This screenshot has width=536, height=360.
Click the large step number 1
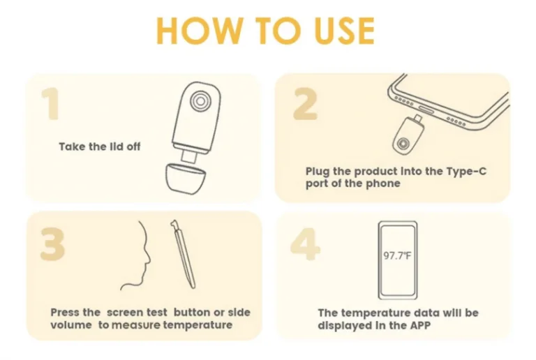50,103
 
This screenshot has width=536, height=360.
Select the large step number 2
305,103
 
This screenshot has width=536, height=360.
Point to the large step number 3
52,244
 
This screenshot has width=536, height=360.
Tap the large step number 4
305,244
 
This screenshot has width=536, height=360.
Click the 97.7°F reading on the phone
397,255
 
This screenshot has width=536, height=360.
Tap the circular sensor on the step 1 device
199,100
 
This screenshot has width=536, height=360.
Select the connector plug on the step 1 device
188,156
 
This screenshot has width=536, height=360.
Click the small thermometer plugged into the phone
408,135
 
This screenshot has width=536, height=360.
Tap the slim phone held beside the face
183,254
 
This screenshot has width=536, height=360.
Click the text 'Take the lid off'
100,147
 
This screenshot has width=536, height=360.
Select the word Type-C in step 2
467,171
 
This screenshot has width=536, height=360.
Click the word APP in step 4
420,325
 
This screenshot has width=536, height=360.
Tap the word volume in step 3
71,324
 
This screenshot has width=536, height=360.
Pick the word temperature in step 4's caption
376,313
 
